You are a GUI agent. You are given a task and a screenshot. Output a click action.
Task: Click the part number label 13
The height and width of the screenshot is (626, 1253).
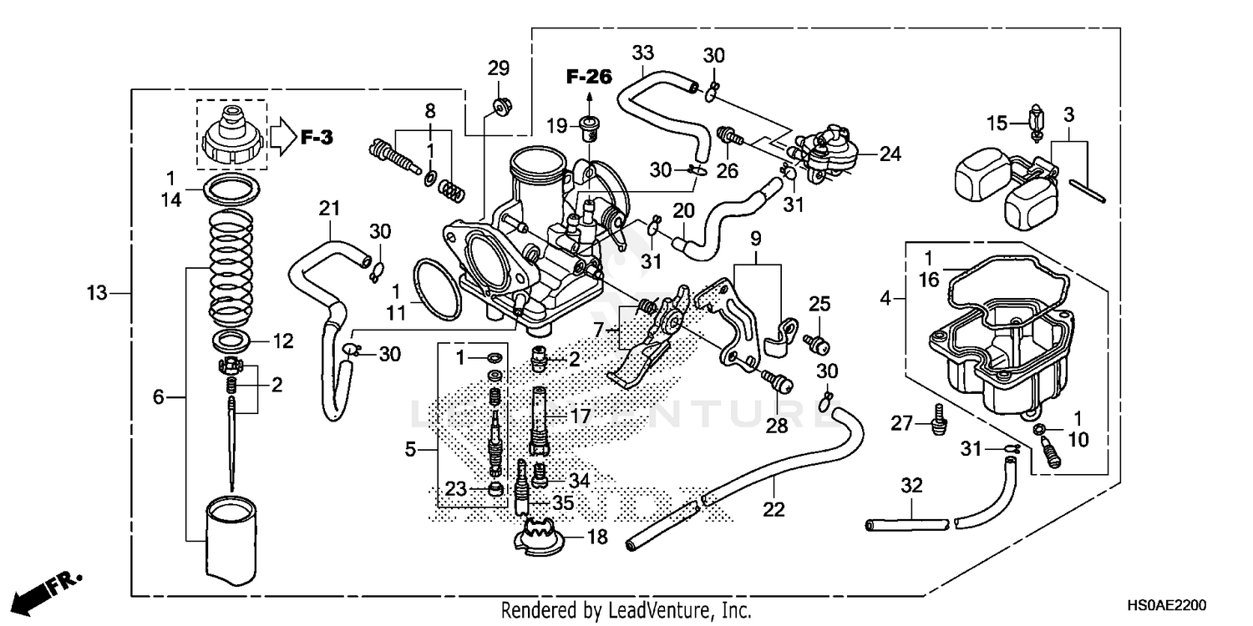[x=98, y=292]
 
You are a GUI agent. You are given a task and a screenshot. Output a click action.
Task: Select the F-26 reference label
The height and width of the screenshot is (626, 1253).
[x=589, y=78]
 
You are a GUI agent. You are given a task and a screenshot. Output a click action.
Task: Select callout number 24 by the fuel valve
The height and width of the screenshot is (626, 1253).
[x=890, y=154]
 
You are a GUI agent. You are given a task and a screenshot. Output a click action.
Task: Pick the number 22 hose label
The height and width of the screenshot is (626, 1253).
[x=774, y=509]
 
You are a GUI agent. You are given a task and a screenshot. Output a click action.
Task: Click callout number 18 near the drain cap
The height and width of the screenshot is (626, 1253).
[x=597, y=537]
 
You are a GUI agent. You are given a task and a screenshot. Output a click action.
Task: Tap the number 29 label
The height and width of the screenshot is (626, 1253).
[x=498, y=68]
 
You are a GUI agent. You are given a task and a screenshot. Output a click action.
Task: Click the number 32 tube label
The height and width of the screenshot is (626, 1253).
[x=911, y=486]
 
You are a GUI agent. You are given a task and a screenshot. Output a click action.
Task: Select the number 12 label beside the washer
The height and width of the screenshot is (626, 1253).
[x=284, y=341]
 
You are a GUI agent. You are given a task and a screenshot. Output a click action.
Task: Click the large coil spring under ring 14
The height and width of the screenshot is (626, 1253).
[x=229, y=267]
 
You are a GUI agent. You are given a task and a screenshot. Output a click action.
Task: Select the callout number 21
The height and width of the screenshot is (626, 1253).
[x=330, y=207]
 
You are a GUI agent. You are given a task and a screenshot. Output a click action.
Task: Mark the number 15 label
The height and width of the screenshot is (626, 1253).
[x=997, y=123]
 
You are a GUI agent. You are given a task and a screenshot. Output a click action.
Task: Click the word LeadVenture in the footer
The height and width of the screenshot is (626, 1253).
[x=642, y=610]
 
